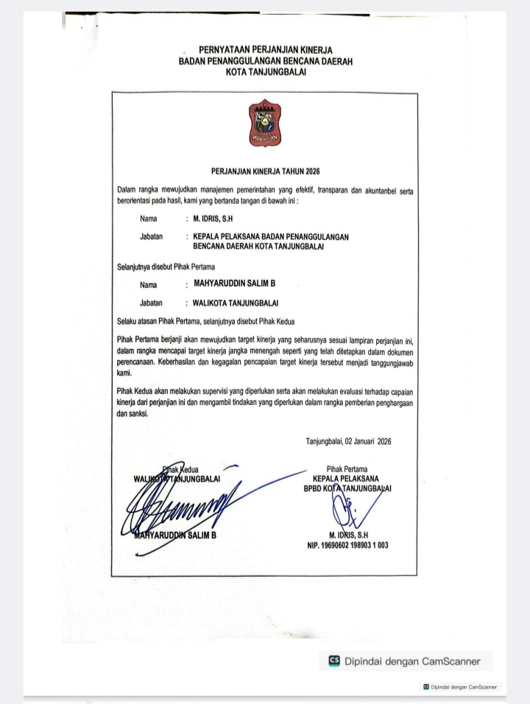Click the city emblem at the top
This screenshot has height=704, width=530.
tap(265, 124)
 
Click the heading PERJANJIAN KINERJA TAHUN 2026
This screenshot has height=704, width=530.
tap(265, 172)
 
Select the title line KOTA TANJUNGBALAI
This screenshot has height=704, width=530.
tap(265, 72)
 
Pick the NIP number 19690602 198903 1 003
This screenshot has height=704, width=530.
tap(347, 546)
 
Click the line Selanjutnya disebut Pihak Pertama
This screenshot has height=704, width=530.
tap(166, 266)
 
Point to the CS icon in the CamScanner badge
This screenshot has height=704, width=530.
tap(335, 661)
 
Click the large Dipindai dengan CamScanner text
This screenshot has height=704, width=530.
tap(412, 661)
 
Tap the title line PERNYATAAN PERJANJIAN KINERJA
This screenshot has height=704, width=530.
tap(265, 50)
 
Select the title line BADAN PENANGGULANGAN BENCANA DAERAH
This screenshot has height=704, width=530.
tap(265, 61)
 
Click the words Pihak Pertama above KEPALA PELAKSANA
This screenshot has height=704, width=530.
tap(347, 468)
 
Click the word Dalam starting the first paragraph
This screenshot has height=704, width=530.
tap(127, 191)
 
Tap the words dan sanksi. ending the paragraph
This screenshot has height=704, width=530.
tap(132, 414)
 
